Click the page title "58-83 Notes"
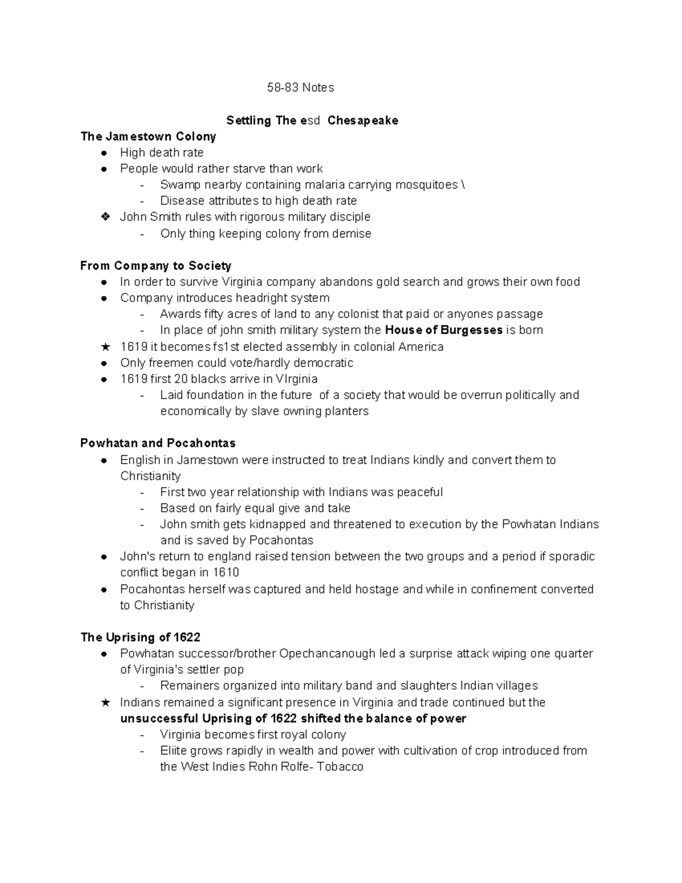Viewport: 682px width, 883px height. point(301,88)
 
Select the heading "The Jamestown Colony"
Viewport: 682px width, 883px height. point(148,136)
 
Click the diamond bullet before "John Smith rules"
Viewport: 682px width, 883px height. point(105,217)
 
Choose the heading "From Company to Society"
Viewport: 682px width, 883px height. point(156,266)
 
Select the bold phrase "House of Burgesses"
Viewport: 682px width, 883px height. point(443,330)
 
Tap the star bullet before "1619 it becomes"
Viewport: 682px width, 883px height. point(105,347)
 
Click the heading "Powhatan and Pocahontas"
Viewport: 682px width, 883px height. point(158,443)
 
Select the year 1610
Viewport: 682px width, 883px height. point(226,572)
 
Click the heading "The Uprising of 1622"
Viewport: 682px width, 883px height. point(140,637)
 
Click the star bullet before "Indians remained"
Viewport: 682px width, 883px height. point(105,703)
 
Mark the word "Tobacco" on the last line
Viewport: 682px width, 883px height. point(340,766)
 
